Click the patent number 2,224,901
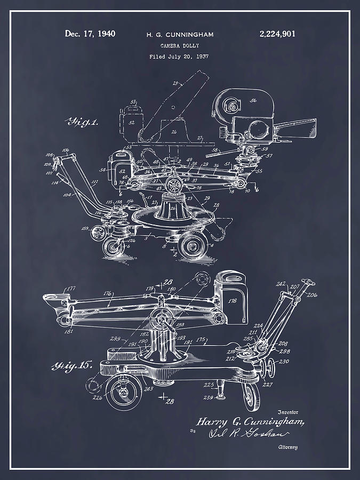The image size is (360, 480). pos(277,34)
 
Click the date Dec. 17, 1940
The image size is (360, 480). pos(90,34)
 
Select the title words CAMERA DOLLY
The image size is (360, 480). pos(179,46)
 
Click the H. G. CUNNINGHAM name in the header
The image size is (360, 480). pos(180,35)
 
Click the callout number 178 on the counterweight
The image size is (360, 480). pos(233,301)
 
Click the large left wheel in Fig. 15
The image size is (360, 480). pos(123,394)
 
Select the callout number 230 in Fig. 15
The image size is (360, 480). pos(284,362)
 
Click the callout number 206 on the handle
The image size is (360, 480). pos(313,294)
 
